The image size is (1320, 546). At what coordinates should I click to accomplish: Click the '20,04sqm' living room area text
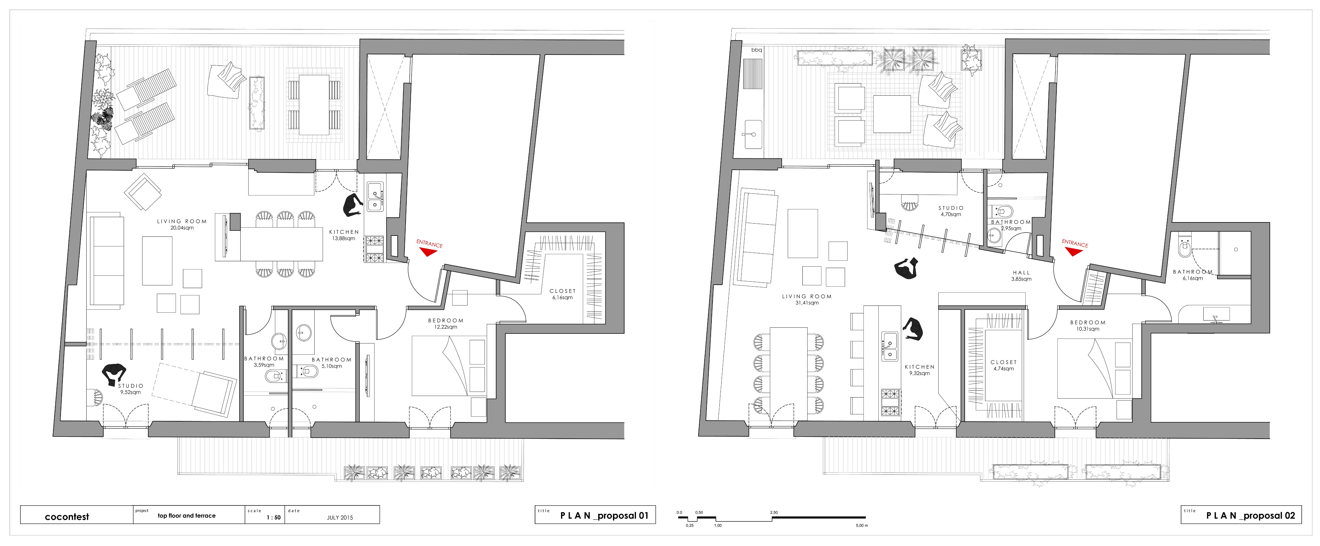click(182, 228)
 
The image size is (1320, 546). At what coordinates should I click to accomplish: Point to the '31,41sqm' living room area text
click(807, 303)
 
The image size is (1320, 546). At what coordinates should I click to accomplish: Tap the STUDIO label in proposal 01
click(131, 386)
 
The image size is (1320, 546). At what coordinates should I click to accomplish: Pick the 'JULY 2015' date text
click(340, 517)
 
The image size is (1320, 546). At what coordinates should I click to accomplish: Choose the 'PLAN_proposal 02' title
click(1250, 516)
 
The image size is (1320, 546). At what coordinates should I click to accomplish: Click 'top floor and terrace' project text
click(187, 516)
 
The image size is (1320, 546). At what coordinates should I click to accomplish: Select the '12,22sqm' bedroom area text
click(445, 327)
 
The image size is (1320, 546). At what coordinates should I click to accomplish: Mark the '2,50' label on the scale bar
click(774, 512)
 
